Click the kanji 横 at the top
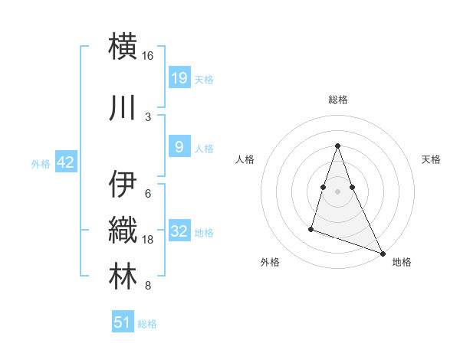(123, 45)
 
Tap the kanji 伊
(123, 183)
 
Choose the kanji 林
(123, 277)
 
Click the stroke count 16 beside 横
(148, 56)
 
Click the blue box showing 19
(179, 77)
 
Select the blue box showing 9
(179, 148)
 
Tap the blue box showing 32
(179, 231)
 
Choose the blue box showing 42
(65, 162)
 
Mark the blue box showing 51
(123, 322)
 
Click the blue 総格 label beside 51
(147, 324)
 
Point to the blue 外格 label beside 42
(41, 163)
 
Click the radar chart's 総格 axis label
(337, 100)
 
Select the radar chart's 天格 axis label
(431, 159)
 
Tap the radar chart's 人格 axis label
(245, 159)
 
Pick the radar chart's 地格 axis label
(402, 262)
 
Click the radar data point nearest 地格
(383, 253)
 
